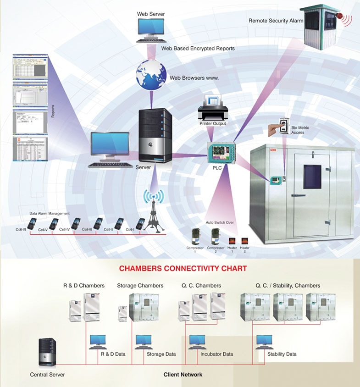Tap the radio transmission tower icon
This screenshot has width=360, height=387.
[x=153, y=216]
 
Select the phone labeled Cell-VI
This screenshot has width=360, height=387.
[x=32, y=223]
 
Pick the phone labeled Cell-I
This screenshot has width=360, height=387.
[x=140, y=223]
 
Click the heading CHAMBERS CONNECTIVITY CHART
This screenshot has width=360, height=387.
[x=183, y=268]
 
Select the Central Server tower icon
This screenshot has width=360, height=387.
[x=47, y=352]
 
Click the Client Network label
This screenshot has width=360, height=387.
[x=183, y=375]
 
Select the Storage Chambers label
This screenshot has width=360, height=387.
[x=140, y=286]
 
